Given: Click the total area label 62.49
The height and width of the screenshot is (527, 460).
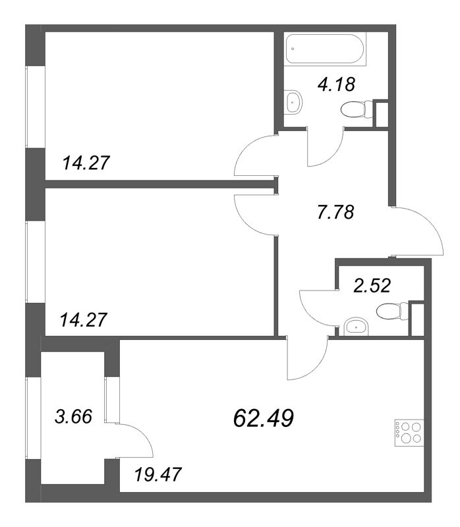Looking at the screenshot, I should pyautogui.click(x=264, y=417).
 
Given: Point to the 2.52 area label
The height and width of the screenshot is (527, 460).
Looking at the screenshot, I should pyautogui.click(x=372, y=285).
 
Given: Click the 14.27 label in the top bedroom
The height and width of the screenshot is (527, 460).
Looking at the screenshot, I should pyautogui.click(x=86, y=162).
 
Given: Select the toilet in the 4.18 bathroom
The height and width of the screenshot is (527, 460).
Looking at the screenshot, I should pyautogui.click(x=356, y=111).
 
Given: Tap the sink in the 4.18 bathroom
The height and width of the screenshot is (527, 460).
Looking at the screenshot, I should pyautogui.click(x=295, y=101).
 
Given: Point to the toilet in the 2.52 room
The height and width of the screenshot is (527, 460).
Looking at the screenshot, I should pyautogui.click(x=391, y=311).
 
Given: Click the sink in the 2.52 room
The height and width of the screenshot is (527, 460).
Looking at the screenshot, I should pyautogui.click(x=356, y=325).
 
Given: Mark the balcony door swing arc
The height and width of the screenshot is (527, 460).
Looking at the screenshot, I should pyautogui.click(x=135, y=441).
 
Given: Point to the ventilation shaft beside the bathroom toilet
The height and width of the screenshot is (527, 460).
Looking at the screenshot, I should pyautogui.click(x=380, y=114).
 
